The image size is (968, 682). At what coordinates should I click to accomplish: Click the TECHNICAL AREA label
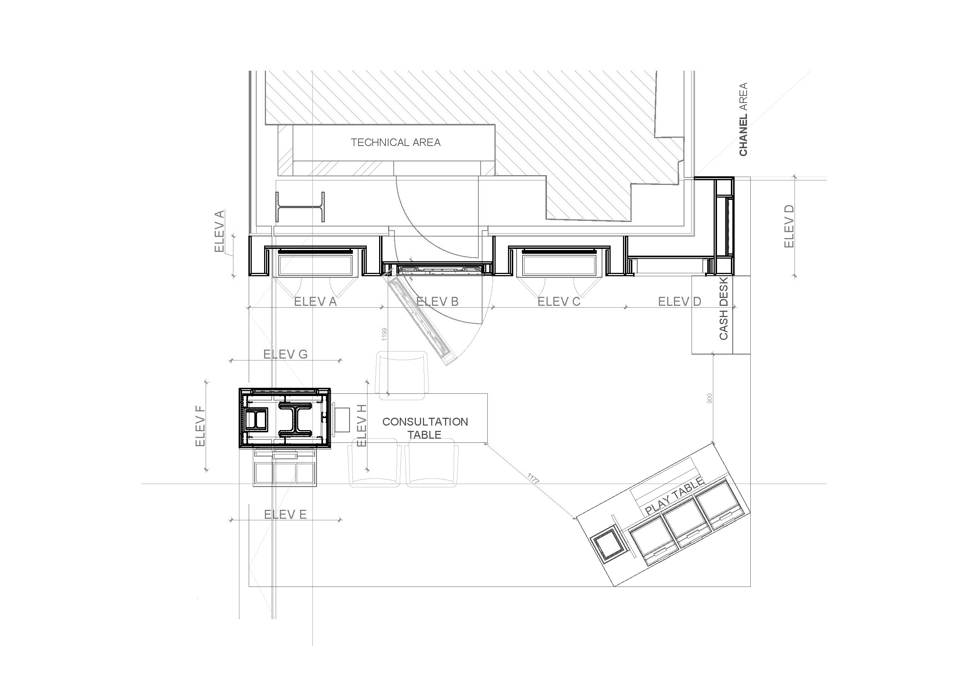click(396, 142)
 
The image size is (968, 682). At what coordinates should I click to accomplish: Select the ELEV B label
click(437, 302)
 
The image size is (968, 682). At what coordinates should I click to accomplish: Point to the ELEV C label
click(559, 302)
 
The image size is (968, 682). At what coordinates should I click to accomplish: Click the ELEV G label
click(285, 354)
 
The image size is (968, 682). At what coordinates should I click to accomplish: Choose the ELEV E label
click(285, 514)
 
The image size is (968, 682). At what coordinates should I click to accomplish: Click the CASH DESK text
click(723, 308)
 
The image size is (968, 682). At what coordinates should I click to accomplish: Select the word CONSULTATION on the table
click(425, 422)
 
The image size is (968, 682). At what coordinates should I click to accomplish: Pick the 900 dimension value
click(709, 399)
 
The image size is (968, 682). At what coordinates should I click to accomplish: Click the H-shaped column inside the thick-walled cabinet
click(295, 419)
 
